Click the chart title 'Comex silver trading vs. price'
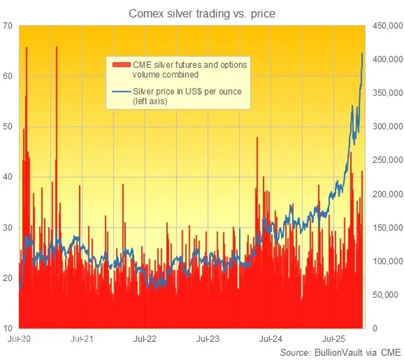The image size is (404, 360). [x=202, y=13]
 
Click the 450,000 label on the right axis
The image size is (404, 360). [x=386, y=26]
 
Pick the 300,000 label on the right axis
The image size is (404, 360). [x=386, y=127]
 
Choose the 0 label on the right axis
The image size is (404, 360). [x=377, y=328]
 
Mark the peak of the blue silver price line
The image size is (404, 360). [x=362, y=53]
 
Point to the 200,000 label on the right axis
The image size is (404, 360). [x=386, y=194]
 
